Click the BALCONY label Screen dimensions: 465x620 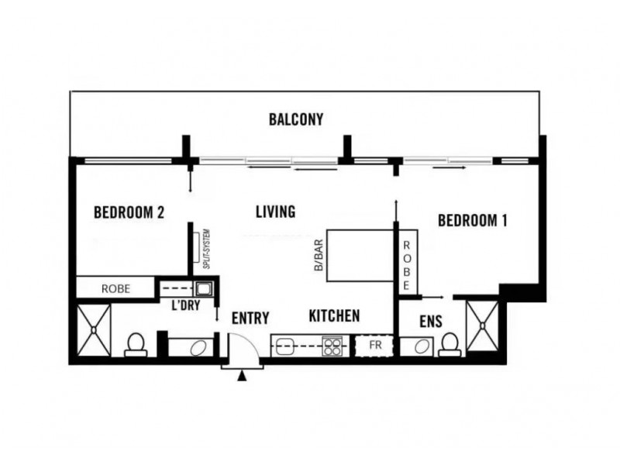point(295,120)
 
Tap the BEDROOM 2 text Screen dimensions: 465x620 point(129,212)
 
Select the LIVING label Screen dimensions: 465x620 point(274,212)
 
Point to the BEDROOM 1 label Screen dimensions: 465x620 point(473,221)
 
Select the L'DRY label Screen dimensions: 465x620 point(188,307)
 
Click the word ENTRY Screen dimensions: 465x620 point(250,318)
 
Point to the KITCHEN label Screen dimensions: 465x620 point(334,315)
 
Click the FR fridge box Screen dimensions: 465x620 point(374,345)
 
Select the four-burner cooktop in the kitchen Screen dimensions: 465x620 point(333,345)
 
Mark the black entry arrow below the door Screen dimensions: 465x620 point(244,377)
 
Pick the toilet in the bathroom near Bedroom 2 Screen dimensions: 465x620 point(135,344)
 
